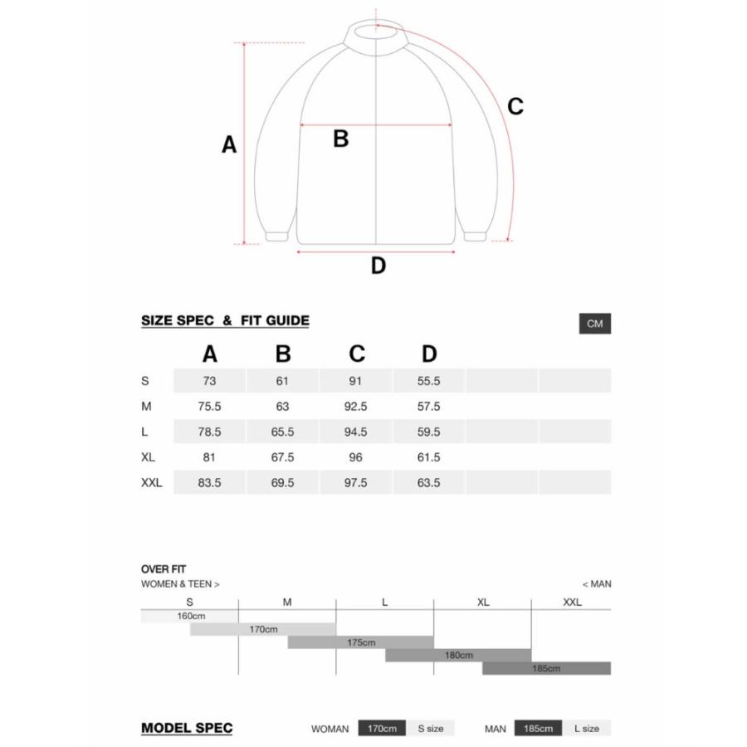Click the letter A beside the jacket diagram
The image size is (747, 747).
pos(229,145)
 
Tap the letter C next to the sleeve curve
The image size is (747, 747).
pos(515,106)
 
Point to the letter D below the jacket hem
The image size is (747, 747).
pos(378,266)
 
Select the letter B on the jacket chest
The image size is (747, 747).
pos(340,139)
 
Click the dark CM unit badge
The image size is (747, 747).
pos(594,324)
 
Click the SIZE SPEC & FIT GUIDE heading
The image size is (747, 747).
pos(225,320)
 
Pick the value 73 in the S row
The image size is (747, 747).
pos(209,381)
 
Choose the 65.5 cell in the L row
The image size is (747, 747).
pos(282,432)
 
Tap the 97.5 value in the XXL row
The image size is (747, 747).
pos(355,482)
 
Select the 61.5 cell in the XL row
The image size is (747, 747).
pos(428,457)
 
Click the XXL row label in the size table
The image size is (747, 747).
pos(152,482)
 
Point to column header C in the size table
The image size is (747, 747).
pos(356,354)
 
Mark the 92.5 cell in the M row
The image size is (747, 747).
pos(355,407)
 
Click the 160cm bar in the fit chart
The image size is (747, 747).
pos(190,616)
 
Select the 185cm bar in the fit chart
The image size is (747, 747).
pos(546,668)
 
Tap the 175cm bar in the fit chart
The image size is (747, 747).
pos(361,642)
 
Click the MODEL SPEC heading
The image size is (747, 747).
pos(187,729)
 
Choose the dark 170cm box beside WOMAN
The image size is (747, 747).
pos(383,729)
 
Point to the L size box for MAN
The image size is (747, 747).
pos(586,729)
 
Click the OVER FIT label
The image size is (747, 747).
pos(164,569)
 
